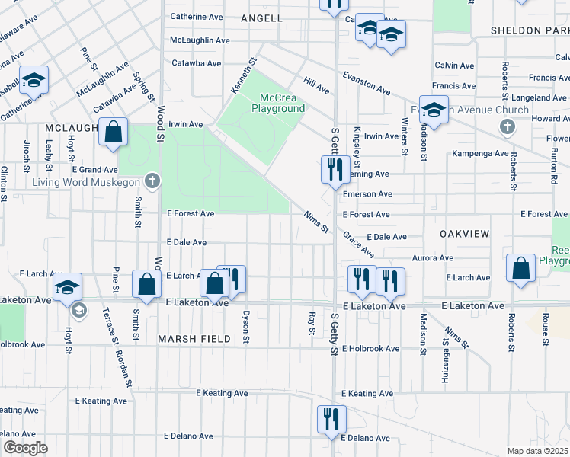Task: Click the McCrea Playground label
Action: [272, 103]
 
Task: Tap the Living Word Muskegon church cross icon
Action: [152, 181]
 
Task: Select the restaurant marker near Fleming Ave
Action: [333, 169]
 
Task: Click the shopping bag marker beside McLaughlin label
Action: [113, 132]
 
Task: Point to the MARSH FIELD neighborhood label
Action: [194, 338]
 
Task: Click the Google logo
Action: [24, 448]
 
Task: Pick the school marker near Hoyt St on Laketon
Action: [67, 286]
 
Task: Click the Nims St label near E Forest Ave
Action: [315, 222]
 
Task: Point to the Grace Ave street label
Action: [358, 244]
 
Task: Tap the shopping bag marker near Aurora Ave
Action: [520, 268]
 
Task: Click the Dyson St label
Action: [245, 326]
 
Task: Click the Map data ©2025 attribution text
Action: [537, 451]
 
